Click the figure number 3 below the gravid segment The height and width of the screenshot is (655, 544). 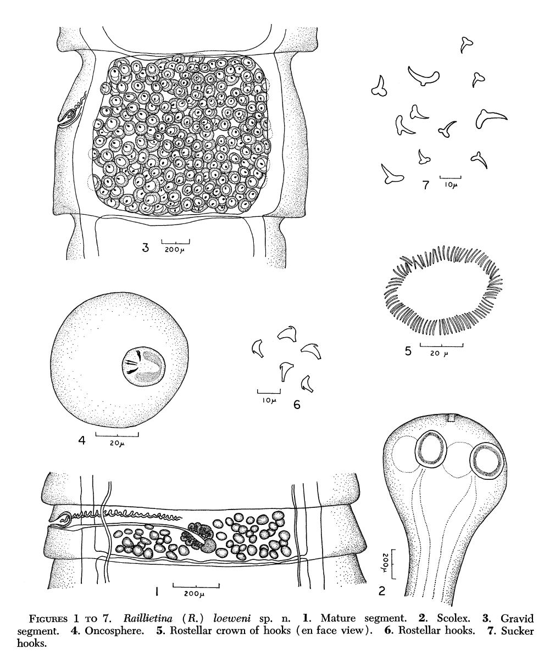pyautogui.click(x=145, y=248)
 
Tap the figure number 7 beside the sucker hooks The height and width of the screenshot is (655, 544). pyautogui.click(x=426, y=184)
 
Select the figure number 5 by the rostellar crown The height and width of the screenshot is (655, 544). pyautogui.click(x=408, y=350)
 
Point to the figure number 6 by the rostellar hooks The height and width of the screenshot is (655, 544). pyautogui.click(x=297, y=404)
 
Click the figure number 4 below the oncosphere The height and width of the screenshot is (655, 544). pyautogui.click(x=82, y=440)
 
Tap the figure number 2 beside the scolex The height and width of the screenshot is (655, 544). pyautogui.click(x=381, y=591)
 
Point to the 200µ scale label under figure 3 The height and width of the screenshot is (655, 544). pyautogui.click(x=176, y=250)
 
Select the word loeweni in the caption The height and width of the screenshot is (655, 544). pyautogui.click(x=232, y=618)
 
